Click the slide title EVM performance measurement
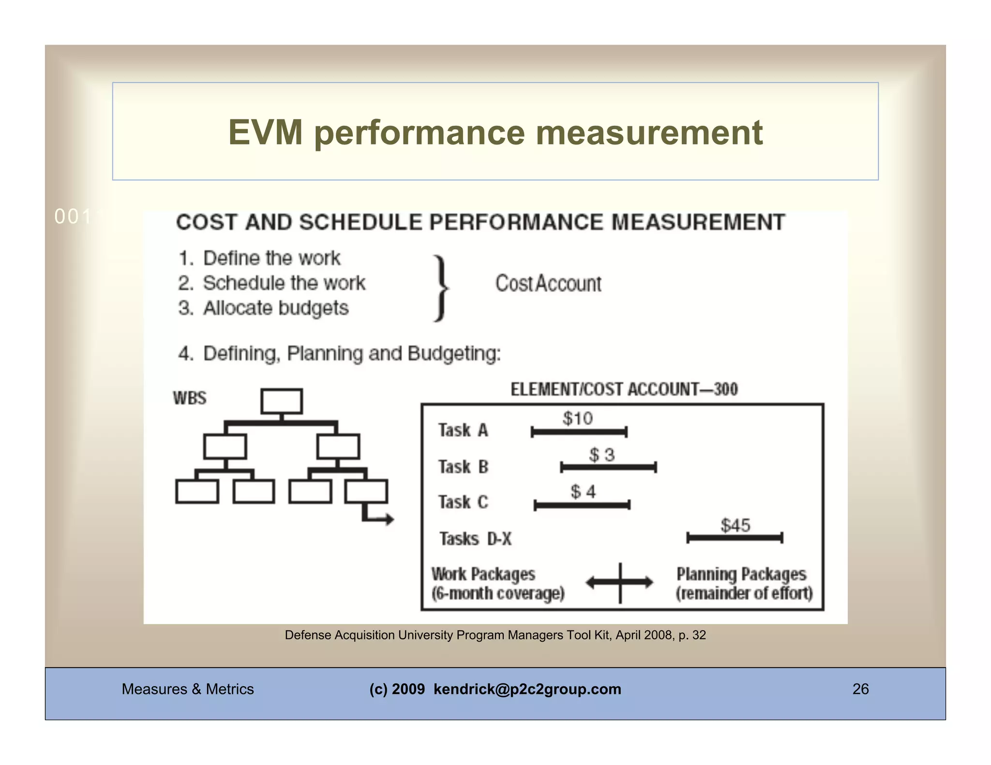tap(495, 132)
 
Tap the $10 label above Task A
tap(577, 418)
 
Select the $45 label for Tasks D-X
tap(735, 525)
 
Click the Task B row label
tap(463, 467)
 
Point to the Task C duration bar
tap(582, 505)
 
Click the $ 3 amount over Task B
tap(601, 455)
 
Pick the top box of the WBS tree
tap(282, 401)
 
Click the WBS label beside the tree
tap(190, 398)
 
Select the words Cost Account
tap(548, 283)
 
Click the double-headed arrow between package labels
tap(619, 582)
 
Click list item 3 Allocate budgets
tap(264, 308)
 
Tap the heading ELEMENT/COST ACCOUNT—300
tap(624, 389)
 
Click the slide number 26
tap(860, 689)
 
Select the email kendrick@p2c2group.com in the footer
tap(527, 689)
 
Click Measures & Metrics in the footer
tap(187, 689)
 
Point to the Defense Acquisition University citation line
tap(495, 635)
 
